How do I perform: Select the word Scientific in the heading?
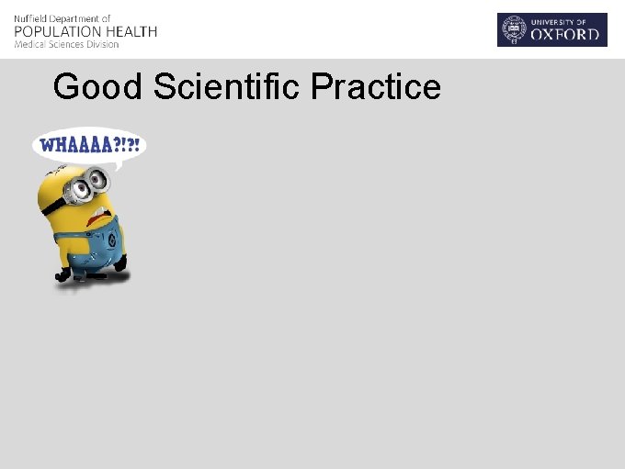point(227,87)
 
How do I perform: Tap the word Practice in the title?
point(376,87)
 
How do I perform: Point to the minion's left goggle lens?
point(80,189)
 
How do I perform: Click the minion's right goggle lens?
point(98,182)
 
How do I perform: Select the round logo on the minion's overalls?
point(110,241)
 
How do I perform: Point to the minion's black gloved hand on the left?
point(62,274)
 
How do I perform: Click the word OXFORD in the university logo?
point(566,37)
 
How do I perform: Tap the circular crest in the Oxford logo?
point(512,29)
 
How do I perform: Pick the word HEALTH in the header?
point(133,31)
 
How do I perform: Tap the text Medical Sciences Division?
point(66,44)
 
